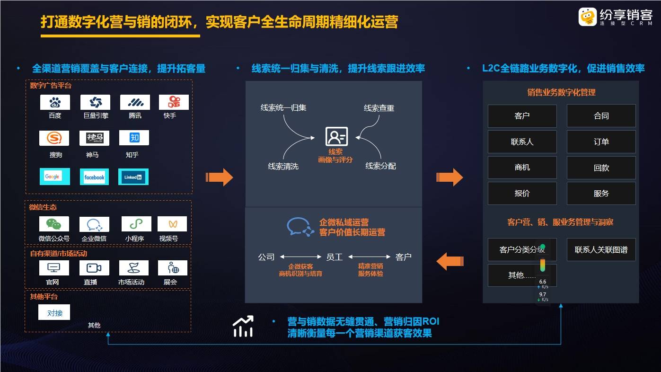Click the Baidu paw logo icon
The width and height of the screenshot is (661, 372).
pos(55,102)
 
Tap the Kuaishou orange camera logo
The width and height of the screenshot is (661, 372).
pos(174,102)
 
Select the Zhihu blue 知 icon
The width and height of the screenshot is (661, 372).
pos(134,138)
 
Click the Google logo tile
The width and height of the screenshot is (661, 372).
pos(55,177)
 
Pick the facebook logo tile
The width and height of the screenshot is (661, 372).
pos(95,177)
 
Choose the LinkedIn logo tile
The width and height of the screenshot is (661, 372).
pos(133,177)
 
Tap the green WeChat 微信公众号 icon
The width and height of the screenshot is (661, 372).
pos(54,224)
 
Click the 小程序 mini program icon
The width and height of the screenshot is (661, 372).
pos(136,224)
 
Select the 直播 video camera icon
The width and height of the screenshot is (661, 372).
pos(94,268)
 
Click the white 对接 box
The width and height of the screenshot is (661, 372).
pos(54,312)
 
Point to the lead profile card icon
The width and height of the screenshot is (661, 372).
pos(336,136)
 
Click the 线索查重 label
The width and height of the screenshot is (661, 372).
pos(379,108)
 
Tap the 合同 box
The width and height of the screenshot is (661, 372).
pos(601,116)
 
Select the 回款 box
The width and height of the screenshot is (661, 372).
pos(601,168)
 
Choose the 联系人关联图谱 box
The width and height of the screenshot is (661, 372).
pos(601,250)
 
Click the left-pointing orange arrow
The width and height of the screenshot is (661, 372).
pos(450,261)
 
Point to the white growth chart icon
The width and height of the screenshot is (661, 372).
pos(243,326)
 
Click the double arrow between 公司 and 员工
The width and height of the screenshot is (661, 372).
pos(300,257)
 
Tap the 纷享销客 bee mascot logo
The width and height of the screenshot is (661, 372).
pos(588,17)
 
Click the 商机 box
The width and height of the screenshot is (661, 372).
pos(522,168)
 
